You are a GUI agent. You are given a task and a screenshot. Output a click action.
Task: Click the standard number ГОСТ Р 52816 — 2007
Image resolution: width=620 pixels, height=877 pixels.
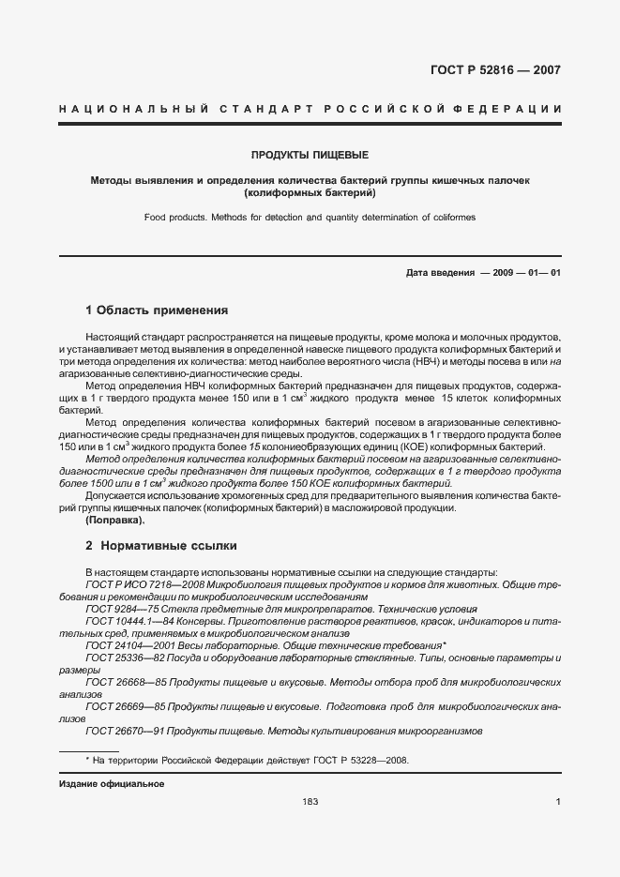[495, 69]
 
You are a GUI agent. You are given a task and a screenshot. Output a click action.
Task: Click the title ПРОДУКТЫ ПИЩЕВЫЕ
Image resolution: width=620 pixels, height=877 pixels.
[310, 154]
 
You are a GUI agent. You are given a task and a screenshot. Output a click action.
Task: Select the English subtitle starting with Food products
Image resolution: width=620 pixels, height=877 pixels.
[310, 217]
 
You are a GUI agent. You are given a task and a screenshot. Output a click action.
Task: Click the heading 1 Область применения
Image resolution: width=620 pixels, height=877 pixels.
[157, 310]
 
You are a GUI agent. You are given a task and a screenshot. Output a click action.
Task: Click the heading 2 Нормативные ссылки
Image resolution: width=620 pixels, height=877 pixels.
[161, 545]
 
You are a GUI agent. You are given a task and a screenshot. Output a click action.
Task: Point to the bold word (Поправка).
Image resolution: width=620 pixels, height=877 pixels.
[115, 520]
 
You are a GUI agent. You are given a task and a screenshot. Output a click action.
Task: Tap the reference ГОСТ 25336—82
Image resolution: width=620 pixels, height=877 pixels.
[118, 658]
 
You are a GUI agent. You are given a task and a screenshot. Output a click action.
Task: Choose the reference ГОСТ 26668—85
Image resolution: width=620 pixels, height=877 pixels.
[118, 683]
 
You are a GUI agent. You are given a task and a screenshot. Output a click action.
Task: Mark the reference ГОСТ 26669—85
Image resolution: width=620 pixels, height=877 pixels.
[118, 706]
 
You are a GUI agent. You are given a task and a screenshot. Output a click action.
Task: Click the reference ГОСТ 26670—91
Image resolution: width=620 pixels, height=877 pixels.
[118, 731]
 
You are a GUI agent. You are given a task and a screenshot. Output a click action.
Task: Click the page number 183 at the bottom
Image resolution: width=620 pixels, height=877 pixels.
[310, 802]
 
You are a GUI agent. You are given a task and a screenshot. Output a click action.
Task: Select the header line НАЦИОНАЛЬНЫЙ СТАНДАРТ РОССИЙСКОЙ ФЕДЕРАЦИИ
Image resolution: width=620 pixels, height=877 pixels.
[310, 110]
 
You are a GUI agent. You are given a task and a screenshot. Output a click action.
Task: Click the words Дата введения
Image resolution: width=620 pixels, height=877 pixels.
[439, 273]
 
